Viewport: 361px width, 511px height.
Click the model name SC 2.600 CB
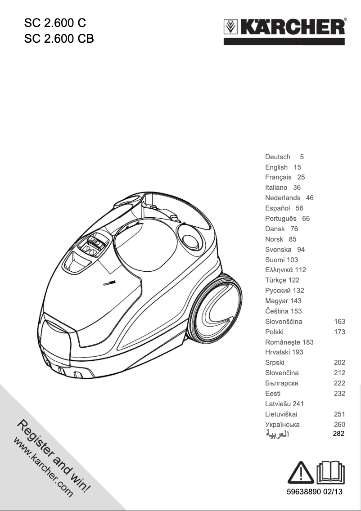59,39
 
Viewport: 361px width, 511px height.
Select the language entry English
276,167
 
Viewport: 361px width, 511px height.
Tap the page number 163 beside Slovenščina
339,322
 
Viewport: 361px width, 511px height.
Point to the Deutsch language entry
278,157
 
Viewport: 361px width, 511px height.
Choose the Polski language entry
275,332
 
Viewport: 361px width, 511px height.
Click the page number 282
338,434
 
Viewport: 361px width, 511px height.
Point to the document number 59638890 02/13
315,492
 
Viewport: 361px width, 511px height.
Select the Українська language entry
282,424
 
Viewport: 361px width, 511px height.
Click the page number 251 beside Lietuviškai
339,414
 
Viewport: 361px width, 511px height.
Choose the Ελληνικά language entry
279,270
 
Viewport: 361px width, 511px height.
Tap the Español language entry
277,208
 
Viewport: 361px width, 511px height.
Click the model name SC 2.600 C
54,22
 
